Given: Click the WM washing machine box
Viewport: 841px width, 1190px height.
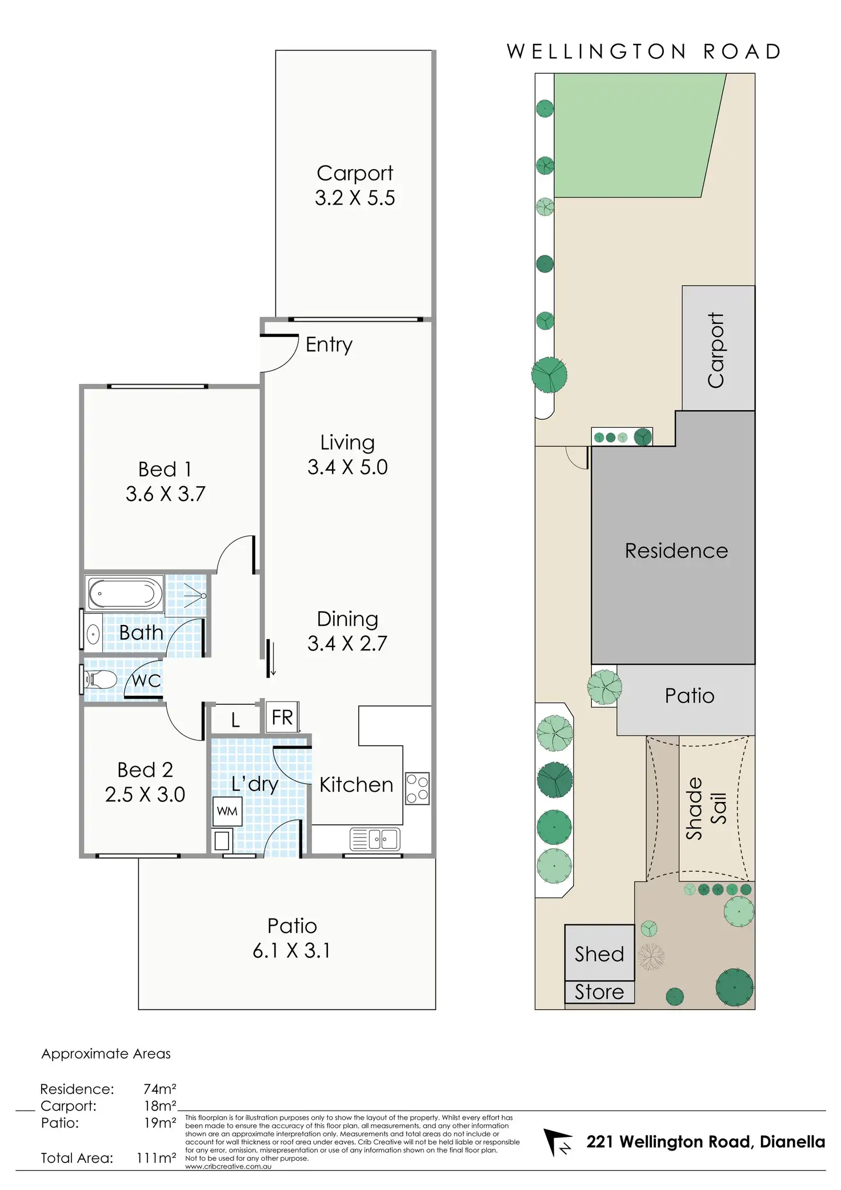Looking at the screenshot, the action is (227, 811).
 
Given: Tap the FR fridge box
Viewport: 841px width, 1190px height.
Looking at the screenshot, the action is (282, 717).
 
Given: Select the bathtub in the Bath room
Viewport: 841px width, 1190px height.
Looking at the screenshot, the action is (125, 594).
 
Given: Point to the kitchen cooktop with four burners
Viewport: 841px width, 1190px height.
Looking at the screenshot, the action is (417, 788).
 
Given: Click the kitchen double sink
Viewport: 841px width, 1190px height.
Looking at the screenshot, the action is (375, 839).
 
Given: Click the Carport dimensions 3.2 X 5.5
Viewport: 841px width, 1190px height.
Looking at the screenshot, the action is (355, 198).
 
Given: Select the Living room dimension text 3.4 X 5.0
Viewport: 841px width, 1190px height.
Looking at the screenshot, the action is (347, 467).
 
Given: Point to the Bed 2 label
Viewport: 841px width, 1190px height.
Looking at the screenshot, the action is (145, 770).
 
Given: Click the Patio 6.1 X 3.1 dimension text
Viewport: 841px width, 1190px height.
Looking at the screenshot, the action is (291, 951).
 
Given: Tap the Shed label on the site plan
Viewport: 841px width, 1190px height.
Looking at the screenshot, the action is (599, 954).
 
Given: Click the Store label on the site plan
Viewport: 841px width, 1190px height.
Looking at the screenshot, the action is (599, 992).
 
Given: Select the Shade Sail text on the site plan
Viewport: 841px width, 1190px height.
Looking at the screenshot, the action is (706, 808).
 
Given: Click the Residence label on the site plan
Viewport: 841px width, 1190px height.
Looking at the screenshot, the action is (676, 551).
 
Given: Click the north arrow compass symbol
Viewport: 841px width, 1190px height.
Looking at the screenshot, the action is (557, 1142).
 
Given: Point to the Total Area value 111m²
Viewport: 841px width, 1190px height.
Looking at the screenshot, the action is (156, 1158).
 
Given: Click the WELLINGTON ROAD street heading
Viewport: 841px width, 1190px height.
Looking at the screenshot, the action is (644, 52).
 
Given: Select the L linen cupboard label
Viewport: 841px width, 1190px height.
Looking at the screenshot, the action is (235, 720).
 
